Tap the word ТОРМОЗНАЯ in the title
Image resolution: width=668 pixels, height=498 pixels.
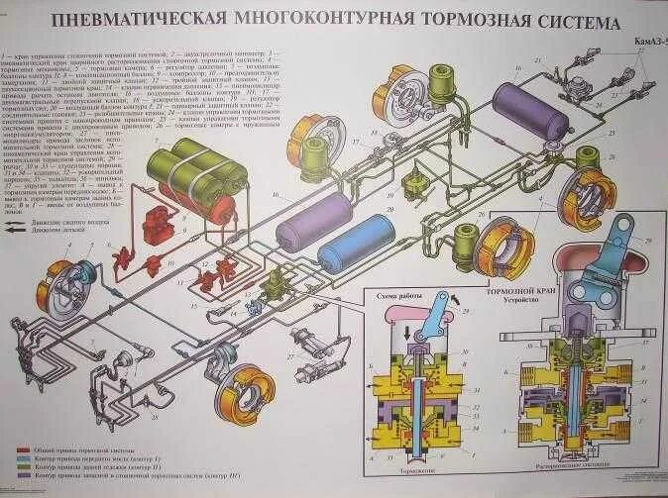click(x=457, y=21)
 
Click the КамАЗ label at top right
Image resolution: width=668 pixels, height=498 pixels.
click(x=640, y=44)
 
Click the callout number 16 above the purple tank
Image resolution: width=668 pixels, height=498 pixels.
click(x=516, y=68)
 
